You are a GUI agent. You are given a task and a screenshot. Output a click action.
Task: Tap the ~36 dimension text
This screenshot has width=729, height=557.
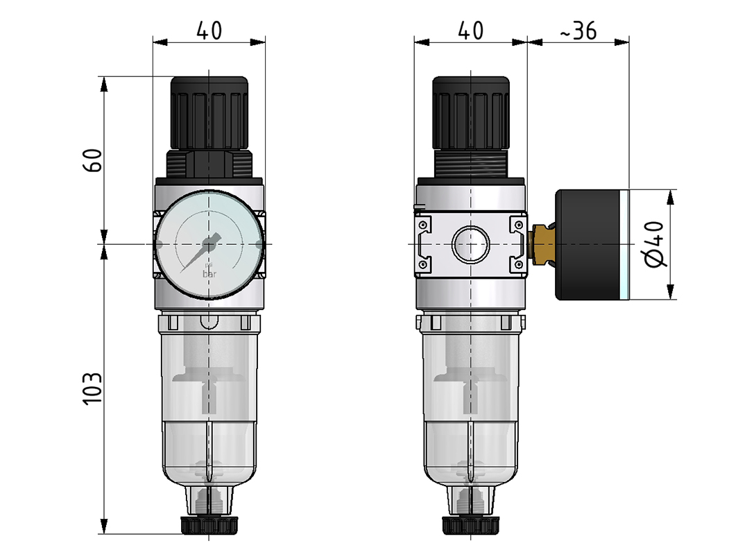(x=576, y=31)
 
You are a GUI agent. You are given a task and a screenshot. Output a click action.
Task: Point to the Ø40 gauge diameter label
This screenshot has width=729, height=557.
(x=655, y=244)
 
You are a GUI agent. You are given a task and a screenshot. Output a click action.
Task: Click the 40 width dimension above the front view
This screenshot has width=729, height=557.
(x=209, y=31)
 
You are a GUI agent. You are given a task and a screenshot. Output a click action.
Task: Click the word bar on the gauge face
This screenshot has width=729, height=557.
(x=209, y=274)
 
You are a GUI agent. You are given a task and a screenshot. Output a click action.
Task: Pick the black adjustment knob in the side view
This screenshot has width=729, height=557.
(x=471, y=111)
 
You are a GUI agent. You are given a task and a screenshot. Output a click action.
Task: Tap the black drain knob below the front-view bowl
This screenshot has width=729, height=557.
(x=209, y=525)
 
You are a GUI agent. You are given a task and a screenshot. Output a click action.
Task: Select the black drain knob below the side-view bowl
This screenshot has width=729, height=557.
(x=471, y=525)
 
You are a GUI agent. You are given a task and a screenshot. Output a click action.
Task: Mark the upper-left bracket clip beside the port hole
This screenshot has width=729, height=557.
(x=424, y=225)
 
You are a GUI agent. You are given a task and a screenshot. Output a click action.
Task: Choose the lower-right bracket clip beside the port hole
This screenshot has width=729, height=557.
(x=517, y=264)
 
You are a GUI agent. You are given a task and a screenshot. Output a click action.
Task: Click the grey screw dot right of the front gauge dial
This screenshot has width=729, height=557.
(x=259, y=244)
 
